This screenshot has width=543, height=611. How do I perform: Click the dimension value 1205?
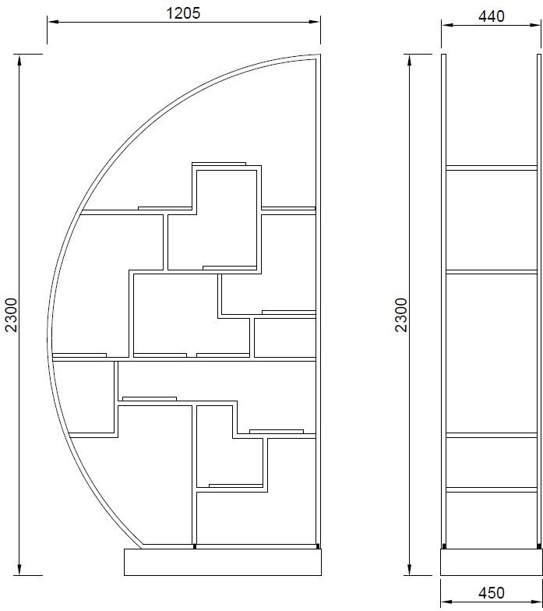coord(183,12)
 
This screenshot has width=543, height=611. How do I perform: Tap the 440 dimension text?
coord(491,16)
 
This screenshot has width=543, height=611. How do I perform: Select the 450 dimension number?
coord(491,592)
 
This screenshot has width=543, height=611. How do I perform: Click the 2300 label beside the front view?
coord(12,315)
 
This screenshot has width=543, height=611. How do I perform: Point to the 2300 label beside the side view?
coord(401,315)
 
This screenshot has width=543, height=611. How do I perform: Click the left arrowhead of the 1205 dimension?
coord(53,22)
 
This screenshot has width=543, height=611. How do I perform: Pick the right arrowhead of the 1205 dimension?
coord(315,22)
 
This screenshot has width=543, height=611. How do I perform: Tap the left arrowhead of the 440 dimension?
coord(447,25)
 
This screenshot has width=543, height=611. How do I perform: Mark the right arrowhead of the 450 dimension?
coord(536,602)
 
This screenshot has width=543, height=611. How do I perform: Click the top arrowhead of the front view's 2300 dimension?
coord(19,59)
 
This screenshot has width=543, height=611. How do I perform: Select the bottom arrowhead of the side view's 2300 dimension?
coord(410,570)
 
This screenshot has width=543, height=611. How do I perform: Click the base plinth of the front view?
coord(223,562)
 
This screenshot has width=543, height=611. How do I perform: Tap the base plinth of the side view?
coord(491,562)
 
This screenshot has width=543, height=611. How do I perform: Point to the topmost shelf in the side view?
coord(491,168)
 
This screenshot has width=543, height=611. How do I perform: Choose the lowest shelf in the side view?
coord(491,489)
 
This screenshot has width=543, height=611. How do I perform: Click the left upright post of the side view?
coord(444,300)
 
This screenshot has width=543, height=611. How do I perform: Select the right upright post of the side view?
coord(539,300)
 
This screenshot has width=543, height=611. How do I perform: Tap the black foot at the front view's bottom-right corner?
coord(318,546)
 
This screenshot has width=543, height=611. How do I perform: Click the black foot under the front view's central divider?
coord(195,546)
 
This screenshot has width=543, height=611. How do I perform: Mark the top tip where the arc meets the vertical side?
coord(319,55)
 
